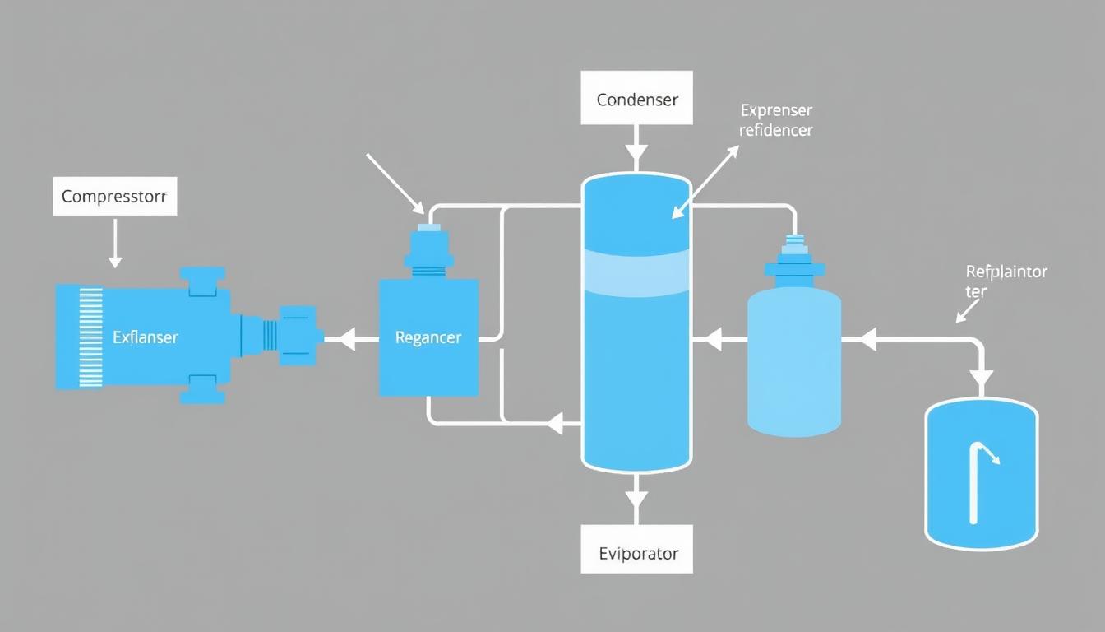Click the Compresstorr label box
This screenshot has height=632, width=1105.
coord(114,197)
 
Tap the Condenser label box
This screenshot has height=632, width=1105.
coord(636,99)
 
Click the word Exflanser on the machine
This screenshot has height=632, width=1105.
coord(145,337)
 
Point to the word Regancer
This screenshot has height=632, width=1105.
coord(428,337)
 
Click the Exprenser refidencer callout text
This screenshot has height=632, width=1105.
coord(775,120)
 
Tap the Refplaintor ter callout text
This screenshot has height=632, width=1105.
coord(1005,281)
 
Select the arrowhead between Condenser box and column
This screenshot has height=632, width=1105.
coord(636,152)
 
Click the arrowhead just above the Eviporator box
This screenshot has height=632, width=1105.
coord(636,500)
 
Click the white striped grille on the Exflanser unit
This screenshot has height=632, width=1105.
coord(89,337)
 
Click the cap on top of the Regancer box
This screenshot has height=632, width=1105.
coord(428,247)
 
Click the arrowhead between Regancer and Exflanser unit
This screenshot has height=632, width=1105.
coord(347,337)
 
